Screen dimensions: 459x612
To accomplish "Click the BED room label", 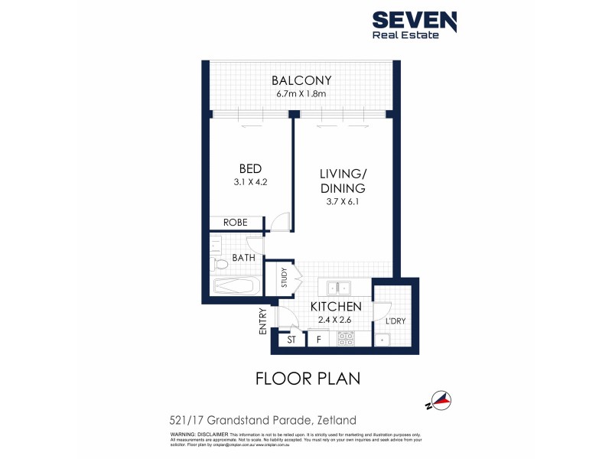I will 250,168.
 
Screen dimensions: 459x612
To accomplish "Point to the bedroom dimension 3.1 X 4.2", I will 250,182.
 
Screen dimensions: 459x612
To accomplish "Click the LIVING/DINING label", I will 342,181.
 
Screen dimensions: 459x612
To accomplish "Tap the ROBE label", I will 235,223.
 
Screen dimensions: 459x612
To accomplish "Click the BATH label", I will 243,258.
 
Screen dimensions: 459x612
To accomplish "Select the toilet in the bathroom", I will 220,265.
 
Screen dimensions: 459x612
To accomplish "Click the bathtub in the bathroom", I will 236,287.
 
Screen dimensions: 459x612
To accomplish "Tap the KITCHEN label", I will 335,307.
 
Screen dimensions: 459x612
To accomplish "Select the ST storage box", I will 291,339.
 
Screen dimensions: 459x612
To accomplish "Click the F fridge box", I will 319,339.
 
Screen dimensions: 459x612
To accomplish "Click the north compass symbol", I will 440,399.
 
